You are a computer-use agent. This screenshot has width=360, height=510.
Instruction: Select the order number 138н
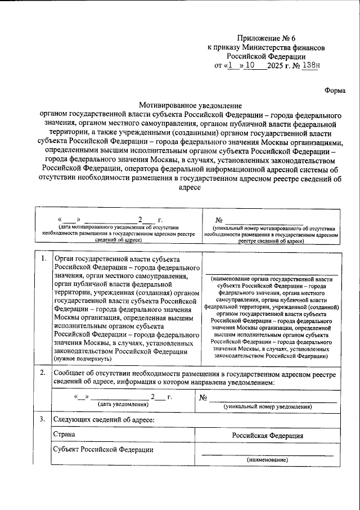[x=309, y=65]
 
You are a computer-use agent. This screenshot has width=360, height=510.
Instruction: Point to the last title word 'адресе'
[x=189, y=190]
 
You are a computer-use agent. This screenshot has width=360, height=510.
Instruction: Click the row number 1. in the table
[x=44, y=258]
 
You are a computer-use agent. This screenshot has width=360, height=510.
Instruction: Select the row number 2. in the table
[x=44, y=373]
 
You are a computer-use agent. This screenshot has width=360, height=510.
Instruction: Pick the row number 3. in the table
[x=44, y=419]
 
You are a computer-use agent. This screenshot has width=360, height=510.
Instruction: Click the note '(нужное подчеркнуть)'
[x=82, y=359]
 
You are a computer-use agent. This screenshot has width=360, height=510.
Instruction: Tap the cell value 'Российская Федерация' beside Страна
[x=268, y=436]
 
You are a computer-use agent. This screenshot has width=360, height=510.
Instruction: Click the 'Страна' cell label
[x=64, y=435]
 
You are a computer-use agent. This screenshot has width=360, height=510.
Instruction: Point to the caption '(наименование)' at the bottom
[x=267, y=460]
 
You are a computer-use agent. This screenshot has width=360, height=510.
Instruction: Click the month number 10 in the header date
[x=250, y=65]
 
